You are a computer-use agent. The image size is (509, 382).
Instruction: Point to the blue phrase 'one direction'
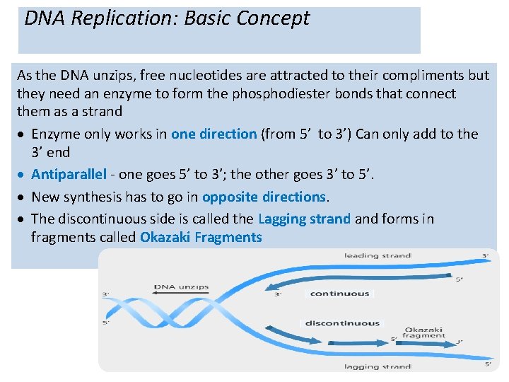(213, 134)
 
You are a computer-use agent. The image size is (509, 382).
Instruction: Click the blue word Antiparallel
(69, 174)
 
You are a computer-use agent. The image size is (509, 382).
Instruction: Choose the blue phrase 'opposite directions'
(264, 197)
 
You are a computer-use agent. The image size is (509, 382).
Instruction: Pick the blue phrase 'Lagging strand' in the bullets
(304, 219)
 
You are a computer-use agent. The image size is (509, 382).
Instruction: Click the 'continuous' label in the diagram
(339, 293)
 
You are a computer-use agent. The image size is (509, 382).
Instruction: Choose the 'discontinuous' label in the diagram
(342, 323)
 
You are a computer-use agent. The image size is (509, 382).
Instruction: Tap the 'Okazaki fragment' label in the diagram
(425, 332)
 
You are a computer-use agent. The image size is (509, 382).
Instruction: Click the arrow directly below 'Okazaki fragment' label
(424, 343)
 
